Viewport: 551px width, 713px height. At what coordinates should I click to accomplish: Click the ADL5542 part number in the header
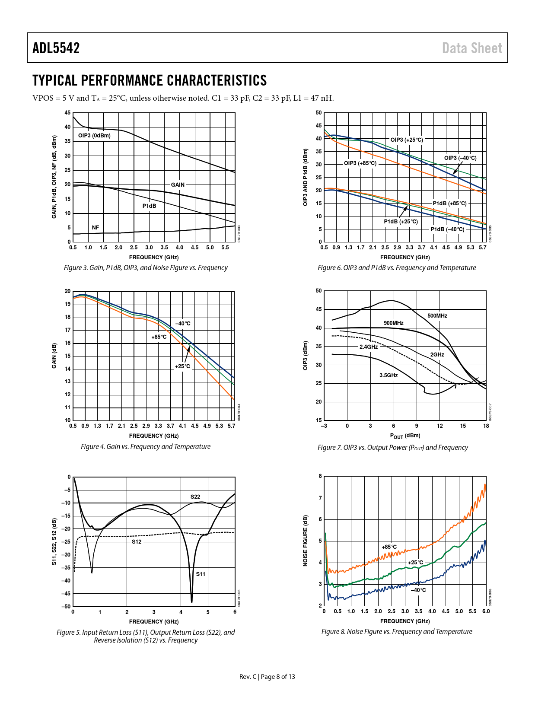coord(56,48)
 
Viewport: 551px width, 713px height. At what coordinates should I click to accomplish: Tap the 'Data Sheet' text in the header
coord(472,48)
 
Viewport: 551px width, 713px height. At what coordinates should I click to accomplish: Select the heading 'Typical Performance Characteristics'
coord(150,80)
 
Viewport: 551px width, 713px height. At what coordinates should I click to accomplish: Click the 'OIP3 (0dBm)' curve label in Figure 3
coord(94,136)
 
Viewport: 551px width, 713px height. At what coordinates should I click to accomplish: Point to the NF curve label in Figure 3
coord(96,228)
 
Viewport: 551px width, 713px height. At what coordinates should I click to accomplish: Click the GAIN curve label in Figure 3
coord(178,185)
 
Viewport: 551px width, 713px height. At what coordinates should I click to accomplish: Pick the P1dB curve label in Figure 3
coord(150,206)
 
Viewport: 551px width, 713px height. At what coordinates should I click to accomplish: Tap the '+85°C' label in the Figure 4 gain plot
coord(159,337)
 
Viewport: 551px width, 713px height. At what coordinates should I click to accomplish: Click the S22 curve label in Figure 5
coord(195,497)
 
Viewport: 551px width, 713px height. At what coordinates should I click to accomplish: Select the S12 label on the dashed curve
coord(137,542)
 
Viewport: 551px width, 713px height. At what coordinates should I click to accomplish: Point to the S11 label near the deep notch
coord(201,574)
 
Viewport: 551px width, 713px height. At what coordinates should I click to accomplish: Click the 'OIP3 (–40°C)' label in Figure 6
coord(460,158)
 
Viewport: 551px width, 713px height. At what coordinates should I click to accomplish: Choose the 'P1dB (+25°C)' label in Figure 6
coord(401,222)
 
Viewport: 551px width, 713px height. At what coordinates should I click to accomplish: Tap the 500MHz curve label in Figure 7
coord(437,316)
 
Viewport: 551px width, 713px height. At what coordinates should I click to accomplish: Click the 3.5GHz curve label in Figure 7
coord(389,376)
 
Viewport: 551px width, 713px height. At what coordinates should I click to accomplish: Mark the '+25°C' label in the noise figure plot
coord(416,563)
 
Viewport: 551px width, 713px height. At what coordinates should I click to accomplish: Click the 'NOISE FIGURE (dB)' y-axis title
coord(306,541)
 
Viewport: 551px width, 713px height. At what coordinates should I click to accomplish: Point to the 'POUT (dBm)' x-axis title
coord(405,436)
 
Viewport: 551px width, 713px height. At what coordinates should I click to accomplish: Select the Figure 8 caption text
coord(397,631)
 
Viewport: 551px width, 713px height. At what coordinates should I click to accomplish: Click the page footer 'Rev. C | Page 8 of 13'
coord(267,676)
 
